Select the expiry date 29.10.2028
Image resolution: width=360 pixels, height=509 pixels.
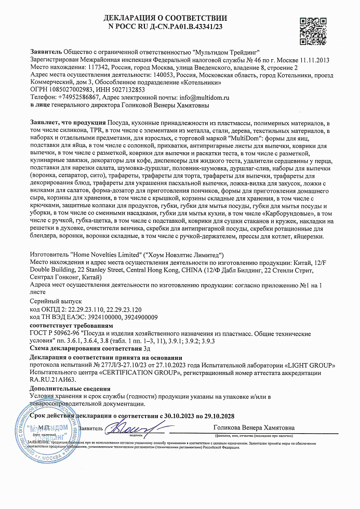tap(216, 416)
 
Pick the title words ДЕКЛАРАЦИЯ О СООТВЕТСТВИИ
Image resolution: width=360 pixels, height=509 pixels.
tap(166, 18)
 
